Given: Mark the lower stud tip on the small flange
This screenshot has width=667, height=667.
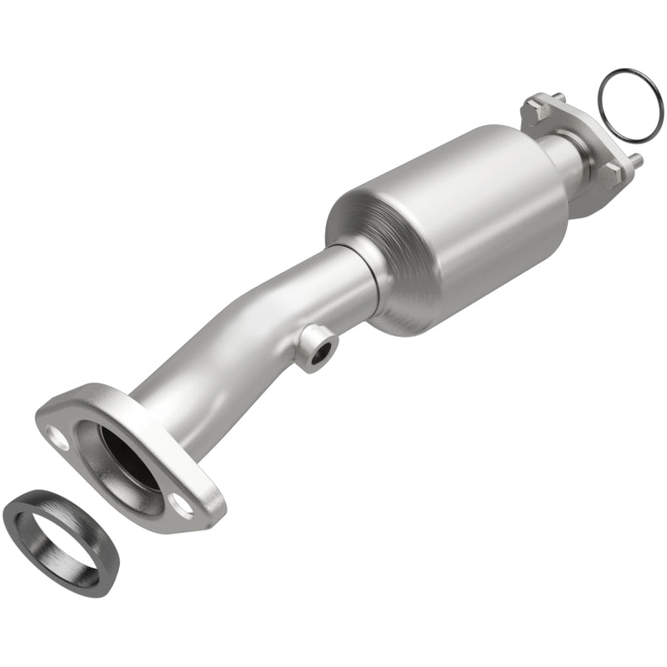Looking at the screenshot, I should pos(638,158).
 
